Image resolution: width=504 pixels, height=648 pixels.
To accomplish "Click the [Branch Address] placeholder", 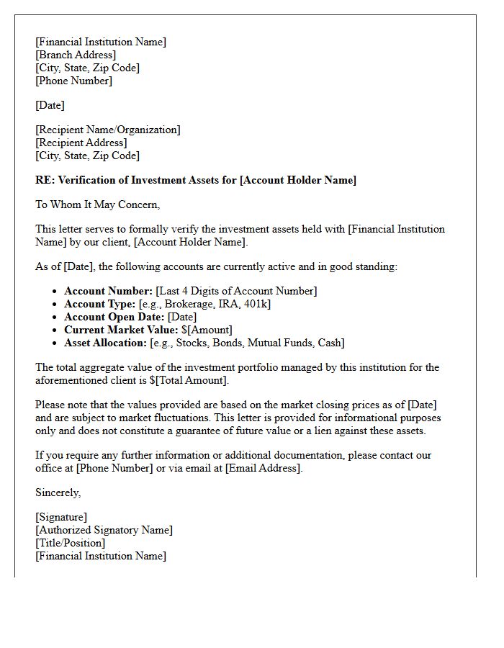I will click(76, 55).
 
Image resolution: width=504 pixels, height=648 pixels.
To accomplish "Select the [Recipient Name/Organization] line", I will click(108, 130).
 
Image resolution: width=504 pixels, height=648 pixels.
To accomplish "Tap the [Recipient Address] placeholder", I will click(81, 143).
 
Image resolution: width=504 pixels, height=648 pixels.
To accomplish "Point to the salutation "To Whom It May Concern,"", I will click(98, 204).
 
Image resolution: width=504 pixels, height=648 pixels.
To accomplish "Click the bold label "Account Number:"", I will click(108, 291).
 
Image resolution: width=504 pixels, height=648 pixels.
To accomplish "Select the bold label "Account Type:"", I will click(99, 304).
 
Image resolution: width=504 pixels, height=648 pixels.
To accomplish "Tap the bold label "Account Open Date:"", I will click(114, 317).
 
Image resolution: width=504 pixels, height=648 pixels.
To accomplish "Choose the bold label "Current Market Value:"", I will click(121, 330).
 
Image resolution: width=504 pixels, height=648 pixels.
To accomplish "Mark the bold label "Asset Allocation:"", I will click(105, 343).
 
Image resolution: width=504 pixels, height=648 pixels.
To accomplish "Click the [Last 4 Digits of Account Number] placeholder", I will click(236, 291).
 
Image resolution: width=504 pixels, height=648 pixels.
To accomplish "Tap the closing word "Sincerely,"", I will click(58, 492).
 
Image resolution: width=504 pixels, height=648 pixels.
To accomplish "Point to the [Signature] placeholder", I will click(61, 517).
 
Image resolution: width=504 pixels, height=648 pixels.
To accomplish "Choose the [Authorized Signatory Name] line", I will click(104, 530).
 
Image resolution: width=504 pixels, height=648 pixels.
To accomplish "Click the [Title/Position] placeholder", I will click(71, 543).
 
